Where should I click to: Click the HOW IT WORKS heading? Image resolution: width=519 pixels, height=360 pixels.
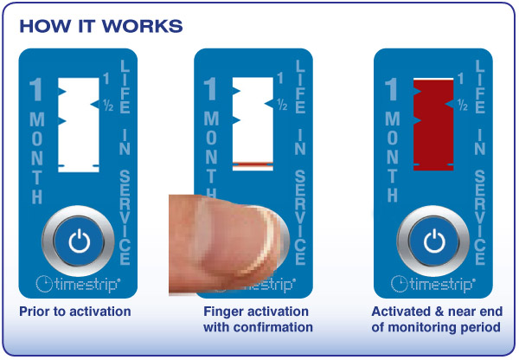pyautogui.click(x=101, y=25)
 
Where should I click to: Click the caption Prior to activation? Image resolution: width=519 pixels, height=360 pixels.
pyautogui.click(x=74, y=312)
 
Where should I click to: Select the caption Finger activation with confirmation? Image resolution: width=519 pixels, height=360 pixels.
pyautogui.click(x=258, y=319)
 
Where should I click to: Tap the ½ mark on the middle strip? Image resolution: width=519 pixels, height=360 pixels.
pyautogui.click(x=282, y=105)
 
